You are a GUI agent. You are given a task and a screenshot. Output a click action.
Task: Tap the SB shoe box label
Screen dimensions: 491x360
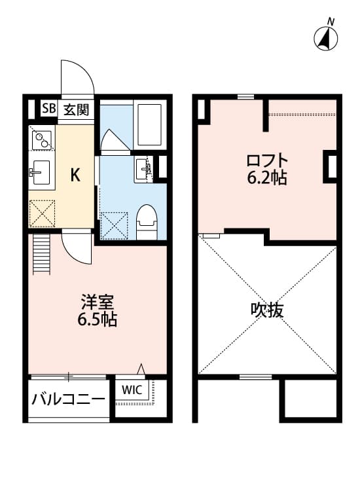pos(48,109)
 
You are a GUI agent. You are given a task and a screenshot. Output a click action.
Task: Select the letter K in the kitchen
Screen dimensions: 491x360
pos(75,175)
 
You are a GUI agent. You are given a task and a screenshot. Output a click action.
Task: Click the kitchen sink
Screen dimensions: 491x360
pos(41,173)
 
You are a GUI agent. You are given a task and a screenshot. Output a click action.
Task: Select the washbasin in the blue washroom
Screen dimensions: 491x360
pos(143,170)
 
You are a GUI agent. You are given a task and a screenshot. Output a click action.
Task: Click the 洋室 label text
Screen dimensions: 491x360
pos(98,304)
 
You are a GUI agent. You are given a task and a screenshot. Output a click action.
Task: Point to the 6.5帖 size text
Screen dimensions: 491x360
pos(98,321)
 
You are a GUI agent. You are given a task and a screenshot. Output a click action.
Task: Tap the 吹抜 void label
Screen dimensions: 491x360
pos(267,310)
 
